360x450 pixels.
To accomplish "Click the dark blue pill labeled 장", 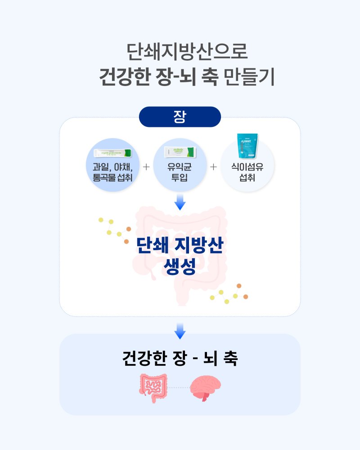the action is point(180,117).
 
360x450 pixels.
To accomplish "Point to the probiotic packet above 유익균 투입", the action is point(180,152).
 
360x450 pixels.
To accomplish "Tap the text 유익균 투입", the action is point(180,172).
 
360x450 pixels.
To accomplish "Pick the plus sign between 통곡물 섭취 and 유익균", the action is point(146,167).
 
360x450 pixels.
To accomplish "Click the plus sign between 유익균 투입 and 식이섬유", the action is point(213,167).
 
